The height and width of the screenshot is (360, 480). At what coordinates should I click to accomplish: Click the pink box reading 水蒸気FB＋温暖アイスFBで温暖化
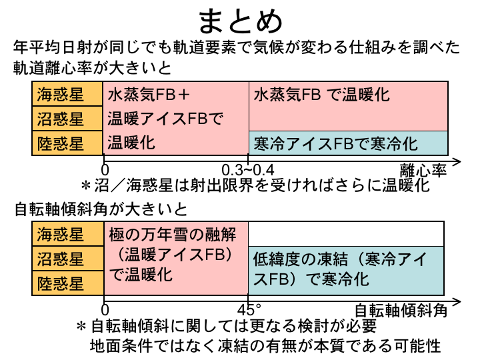coord(175,118)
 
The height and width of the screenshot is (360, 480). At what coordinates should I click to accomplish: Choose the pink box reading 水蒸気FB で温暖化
coord(347,107)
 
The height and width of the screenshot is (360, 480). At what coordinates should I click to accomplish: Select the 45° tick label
coord(248,309)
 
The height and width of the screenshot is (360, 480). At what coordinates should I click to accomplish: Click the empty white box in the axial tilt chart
coord(347,234)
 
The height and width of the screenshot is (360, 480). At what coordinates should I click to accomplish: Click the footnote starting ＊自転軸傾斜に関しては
coord(227,327)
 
